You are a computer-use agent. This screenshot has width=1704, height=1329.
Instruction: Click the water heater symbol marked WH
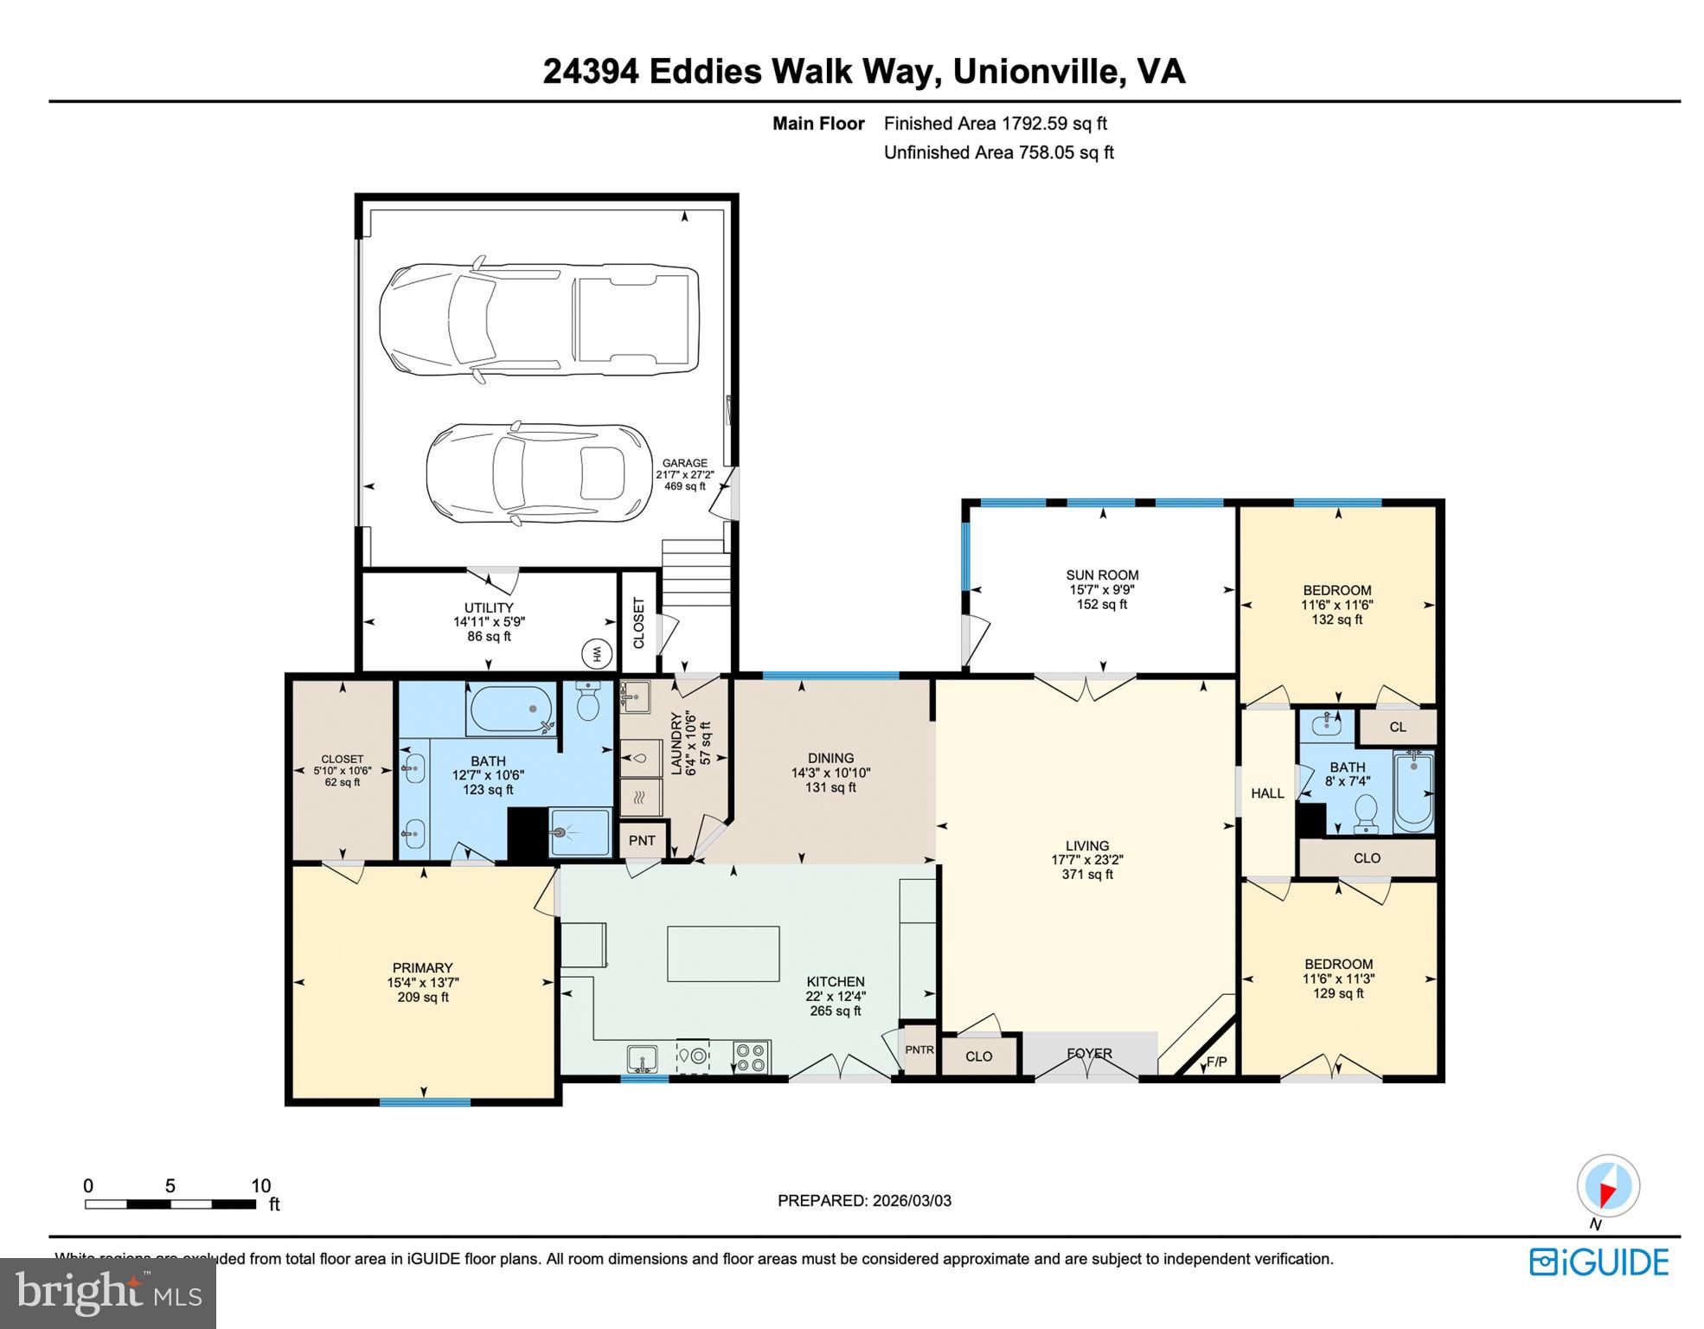click(595, 654)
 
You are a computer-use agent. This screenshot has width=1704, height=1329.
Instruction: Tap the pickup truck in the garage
click(539, 319)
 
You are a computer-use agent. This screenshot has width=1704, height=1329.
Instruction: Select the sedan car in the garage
click(538, 473)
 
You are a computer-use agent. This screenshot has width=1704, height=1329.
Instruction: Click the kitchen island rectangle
click(723, 953)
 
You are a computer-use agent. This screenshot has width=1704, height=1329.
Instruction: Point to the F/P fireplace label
click(1216, 1062)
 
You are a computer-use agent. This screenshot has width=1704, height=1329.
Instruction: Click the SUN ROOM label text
click(1102, 575)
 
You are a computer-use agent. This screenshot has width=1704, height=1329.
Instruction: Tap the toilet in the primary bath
click(588, 702)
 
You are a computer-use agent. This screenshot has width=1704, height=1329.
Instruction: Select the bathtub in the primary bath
click(512, 710)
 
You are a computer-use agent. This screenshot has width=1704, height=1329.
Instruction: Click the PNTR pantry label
click(919, 1050)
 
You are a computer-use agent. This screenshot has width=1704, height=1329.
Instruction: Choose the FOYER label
click(1089, 1053)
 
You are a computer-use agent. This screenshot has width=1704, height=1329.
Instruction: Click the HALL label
click(1267, 793)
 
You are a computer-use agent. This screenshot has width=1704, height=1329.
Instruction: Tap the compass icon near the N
click(1608, 1186)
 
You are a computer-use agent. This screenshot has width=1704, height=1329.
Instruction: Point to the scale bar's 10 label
click(260, 1186)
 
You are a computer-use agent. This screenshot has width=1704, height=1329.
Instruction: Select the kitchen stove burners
click(751, 1056)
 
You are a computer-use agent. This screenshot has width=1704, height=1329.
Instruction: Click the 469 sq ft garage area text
click(684, 486)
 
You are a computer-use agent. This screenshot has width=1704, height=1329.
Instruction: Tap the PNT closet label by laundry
click(642, 840)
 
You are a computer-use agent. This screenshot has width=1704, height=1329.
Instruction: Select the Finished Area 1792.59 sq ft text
click(995, 124)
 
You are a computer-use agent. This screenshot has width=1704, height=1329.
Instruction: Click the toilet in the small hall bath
click(1367, 813)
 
